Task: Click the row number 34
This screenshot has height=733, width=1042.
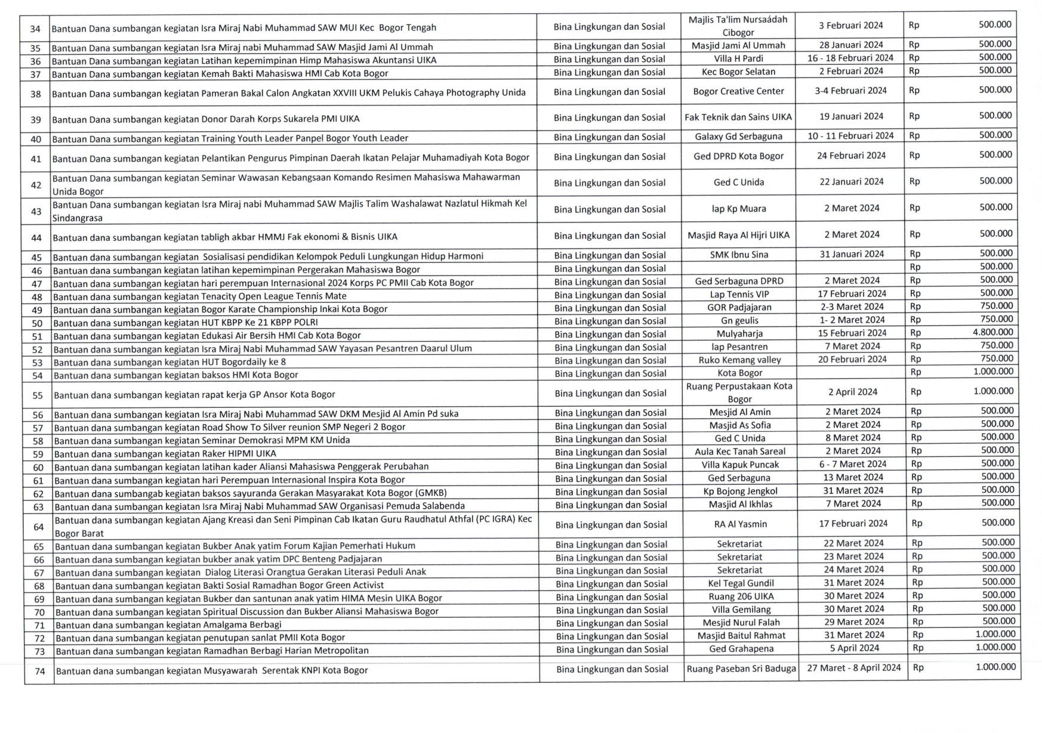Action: click(35, 28)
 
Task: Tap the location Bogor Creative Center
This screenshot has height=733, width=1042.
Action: click(739, 91)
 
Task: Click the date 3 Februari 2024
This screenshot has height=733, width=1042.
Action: click(851, 26)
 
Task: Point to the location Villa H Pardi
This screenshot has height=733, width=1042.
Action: click(738, 58)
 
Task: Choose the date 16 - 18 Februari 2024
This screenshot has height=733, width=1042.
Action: click(850, 58)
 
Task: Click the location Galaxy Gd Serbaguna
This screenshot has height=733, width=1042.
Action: click(738, 137)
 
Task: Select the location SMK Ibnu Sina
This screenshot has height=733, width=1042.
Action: click(739, 255)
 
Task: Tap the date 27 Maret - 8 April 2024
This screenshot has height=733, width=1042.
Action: click(854, 668)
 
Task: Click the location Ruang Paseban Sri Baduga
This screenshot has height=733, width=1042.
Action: click(741, 669)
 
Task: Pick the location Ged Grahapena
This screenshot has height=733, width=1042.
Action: click(741, 649)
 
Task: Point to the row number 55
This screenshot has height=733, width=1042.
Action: click(38, 395)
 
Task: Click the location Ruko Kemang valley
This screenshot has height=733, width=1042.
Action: click(739, 360)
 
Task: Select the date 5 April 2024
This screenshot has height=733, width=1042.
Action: click(854, 648)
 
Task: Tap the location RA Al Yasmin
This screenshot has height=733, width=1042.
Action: click(740, 524)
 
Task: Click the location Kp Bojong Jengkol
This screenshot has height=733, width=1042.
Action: click(740, 491)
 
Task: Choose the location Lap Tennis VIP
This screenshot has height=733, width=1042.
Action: click(739, 294)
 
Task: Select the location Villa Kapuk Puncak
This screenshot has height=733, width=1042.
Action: click(740, 465)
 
